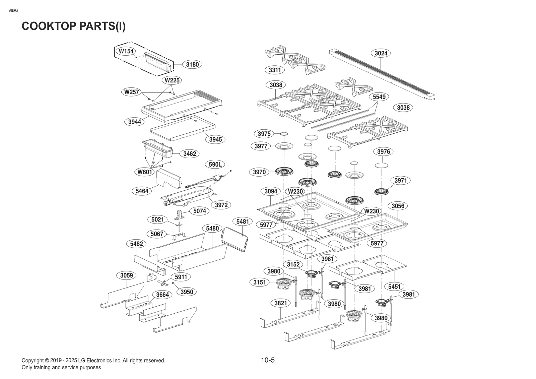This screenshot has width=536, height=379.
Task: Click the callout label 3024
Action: coord(381,53)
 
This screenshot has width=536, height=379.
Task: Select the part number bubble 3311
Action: coord(275,70)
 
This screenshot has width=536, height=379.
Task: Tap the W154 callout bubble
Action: coord(126,51)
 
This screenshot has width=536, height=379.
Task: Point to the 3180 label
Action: coord(192,64)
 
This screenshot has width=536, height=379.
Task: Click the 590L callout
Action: coord(215,165)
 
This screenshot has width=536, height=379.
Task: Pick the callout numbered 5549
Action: coord(379,97)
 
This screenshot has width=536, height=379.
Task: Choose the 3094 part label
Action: coord(271,191)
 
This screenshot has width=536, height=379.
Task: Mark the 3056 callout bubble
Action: coord(398,206)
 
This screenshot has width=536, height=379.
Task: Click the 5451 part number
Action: coord(394,287)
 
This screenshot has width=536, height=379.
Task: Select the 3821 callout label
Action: coord(281,303)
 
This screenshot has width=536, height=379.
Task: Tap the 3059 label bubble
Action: coord(127,275)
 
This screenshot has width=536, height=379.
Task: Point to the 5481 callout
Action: coord(243,222)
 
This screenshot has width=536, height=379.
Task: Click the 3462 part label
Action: coord(190,154)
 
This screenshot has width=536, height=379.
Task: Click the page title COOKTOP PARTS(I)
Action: coord(74,26)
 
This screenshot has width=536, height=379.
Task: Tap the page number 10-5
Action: coord(268,360)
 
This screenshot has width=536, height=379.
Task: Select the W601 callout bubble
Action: coord(145,172)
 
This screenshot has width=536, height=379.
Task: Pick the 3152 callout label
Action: coord(293,264)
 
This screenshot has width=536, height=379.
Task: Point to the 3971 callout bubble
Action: coord(400,181)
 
